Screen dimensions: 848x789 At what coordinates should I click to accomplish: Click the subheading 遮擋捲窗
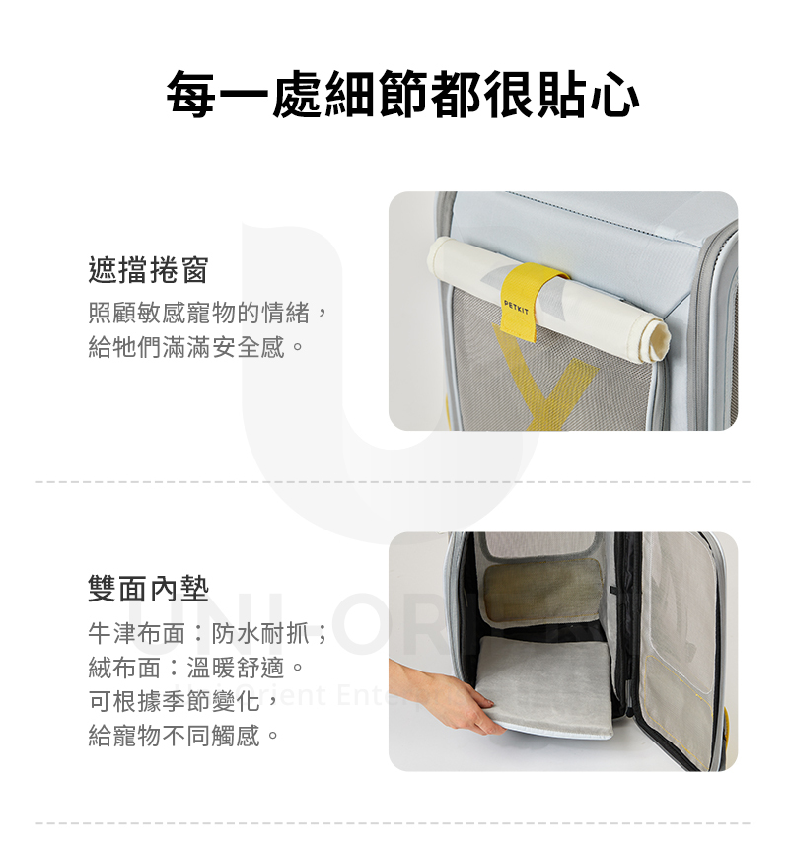pos(148,268)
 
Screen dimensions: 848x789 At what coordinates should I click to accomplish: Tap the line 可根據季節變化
pos(178,701)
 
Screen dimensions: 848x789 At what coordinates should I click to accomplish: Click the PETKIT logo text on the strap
pos(516,306)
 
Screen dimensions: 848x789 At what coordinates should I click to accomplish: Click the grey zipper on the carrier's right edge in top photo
pos(730,325)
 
